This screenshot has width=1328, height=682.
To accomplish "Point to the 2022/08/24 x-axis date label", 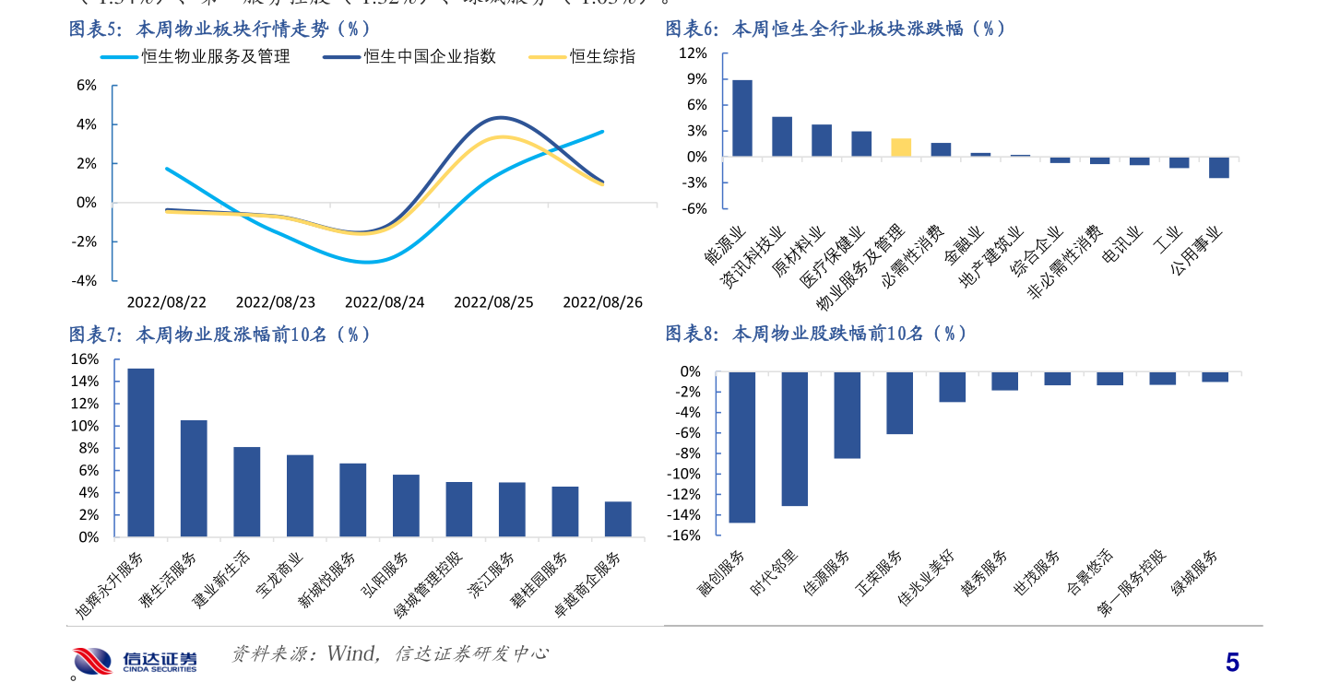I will click(385, 302).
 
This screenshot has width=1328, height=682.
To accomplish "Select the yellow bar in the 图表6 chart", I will click(901, 147).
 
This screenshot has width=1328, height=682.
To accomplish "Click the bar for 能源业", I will click(742, 118).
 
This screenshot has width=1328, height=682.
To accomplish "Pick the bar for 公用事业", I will click(1219, 167).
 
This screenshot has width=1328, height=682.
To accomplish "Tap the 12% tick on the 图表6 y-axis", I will click(693, 53).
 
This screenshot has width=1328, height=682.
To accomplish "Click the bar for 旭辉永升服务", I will click(141, 453).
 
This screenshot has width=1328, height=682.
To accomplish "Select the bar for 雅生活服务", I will click(194, 478).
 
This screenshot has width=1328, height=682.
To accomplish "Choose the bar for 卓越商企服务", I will click(618, 519).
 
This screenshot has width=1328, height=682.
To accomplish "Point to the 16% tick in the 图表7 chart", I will click(85, 359).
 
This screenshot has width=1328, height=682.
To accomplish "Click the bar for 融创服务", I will click(742, 447).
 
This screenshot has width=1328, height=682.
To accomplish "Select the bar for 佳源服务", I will click(847, 415).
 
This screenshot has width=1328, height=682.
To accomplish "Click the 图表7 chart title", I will click(222, 335).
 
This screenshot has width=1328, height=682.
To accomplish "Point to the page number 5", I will click(1232, 663).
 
